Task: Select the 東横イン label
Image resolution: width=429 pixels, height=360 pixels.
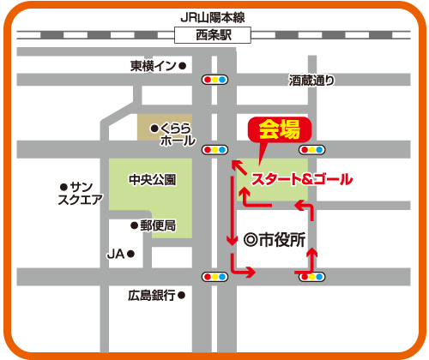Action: point(153,66)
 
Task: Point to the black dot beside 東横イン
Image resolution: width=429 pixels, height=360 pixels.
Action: point(182,66)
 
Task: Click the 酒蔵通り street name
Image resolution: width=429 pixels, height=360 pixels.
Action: point(311,81)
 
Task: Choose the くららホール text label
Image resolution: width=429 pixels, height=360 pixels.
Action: point(178,135)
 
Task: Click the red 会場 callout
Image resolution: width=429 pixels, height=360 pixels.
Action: point(279,130)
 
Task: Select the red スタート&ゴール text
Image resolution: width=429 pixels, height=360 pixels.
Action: point(301,180)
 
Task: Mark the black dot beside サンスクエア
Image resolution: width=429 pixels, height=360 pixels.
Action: point(63,187)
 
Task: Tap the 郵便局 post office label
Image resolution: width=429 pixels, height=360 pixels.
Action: point(158,225)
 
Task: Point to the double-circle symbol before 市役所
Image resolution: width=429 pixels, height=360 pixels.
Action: point(251,241)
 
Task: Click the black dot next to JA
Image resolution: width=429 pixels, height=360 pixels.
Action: point(131,255)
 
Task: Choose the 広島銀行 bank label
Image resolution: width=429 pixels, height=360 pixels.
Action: point(151,295)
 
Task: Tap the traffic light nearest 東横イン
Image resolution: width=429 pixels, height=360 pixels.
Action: point(214,80)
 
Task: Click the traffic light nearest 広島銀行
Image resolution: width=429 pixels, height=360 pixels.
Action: point(214,277)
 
